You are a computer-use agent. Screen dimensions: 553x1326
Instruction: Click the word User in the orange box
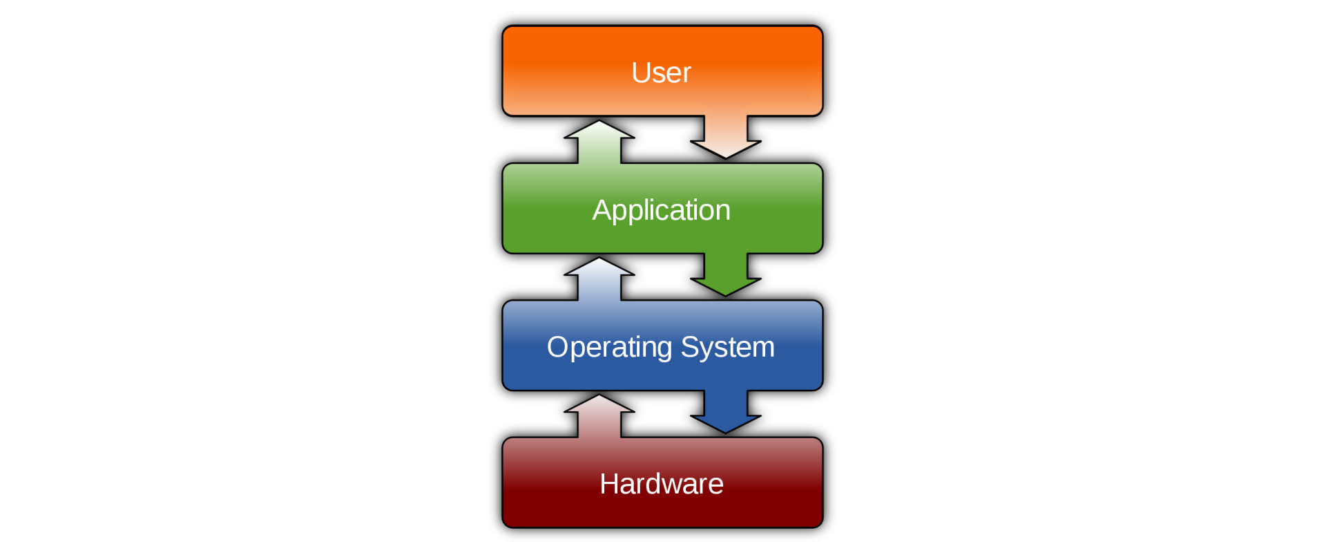pos(661,73)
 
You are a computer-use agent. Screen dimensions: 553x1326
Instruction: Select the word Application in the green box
pos(661,210)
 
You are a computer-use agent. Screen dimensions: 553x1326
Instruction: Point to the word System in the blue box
pos(727,348)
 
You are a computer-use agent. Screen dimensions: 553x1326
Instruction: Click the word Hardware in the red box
pos(661,484)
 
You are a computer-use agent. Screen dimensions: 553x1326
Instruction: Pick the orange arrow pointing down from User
pos(726,138)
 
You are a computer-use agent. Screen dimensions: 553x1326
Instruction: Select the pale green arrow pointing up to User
pos(599,142)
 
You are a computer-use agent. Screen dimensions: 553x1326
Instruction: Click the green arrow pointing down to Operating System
pos(726,276)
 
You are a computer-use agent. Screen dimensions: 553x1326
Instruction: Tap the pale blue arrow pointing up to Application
pos(599,279)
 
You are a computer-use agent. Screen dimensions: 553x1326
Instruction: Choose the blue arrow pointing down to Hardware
pos(726,413)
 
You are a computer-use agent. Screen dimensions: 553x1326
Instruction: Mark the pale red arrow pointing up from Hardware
pos(599,416)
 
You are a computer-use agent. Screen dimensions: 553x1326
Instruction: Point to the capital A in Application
pos(602,210)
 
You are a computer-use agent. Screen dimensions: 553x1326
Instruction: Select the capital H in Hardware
pos(610,484)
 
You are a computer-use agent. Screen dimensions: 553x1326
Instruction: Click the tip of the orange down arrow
pos(726,157)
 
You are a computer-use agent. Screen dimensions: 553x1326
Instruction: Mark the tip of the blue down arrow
pos(726,431)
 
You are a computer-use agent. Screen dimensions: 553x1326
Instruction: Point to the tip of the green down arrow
pos(726,294)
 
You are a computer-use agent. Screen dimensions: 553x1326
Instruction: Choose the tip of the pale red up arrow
pos(599,397)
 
